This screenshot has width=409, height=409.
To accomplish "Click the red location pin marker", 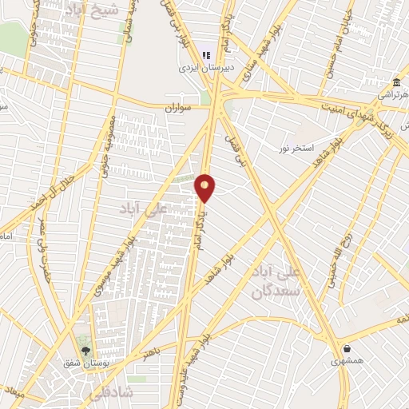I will [x=205, y=187].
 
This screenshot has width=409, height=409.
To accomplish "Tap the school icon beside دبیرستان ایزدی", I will [x=206, y=56].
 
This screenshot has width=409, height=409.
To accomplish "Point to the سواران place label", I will [x=180, y=105].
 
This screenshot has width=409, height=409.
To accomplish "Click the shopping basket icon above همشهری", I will [x=347, y=348].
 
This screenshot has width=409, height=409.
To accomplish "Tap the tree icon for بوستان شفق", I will [x=86, y=349].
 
